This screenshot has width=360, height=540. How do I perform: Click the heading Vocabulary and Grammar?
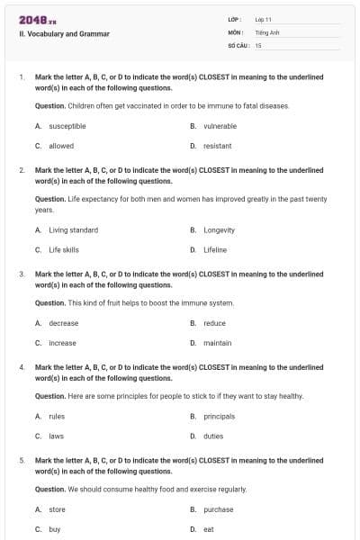click(x=64, y=34)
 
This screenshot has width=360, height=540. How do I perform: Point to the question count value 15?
click(x=258, y=45)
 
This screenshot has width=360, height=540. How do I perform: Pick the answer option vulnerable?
click(x=220, y=127)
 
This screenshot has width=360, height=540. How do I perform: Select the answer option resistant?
click(x=218, y=146)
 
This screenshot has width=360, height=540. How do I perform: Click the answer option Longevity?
click(x=220, y=230)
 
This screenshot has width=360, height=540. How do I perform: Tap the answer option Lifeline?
click(x=215, y=249)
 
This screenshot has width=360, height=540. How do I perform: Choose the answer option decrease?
click(x=64, y=323)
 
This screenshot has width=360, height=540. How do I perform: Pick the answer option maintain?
click(x=218, y=343)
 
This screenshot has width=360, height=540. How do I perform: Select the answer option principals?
click(x=220, y=417)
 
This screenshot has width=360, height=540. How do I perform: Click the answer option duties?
click(x=214, y=436)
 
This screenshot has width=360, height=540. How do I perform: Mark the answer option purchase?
click(x=219, y=509)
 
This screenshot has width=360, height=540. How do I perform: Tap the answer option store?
click(x=58, y=509)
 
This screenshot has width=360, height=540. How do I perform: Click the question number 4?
click(x=22, y=367)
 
